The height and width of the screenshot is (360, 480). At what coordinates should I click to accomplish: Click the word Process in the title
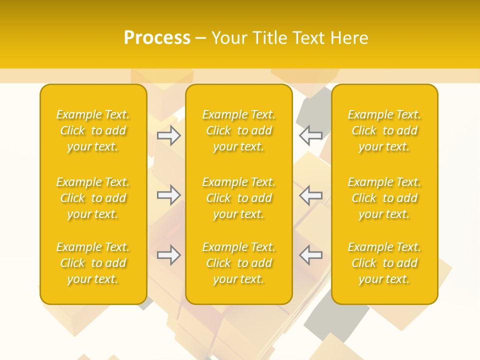point(157,38)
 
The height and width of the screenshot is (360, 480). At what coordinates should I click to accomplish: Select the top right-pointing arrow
point(169,135)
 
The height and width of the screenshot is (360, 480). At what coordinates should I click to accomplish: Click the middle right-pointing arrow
point(169,195)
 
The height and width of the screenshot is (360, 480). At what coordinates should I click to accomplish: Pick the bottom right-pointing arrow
point(169,255)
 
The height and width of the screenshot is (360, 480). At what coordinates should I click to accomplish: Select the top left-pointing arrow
point(311,135)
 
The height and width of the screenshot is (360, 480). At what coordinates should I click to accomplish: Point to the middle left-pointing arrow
point(311,195)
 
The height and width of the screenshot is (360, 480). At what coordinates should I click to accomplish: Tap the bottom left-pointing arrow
point(311,255)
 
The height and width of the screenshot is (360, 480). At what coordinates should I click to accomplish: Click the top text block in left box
point(93,130)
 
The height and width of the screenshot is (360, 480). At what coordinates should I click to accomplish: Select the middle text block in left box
point(93,198)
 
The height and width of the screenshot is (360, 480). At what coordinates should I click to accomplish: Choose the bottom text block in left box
point(93,263)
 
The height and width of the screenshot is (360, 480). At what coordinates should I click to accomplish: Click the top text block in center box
point(238,130)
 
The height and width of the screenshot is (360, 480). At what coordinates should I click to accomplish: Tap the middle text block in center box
point(238,198)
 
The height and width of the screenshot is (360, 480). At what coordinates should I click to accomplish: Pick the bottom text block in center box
point(238,263)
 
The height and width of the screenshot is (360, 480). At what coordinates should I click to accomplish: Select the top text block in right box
point(384,130)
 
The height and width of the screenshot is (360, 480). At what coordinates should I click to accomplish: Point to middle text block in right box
point(384,198)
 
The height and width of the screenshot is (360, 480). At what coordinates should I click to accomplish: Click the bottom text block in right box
point(384,263)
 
